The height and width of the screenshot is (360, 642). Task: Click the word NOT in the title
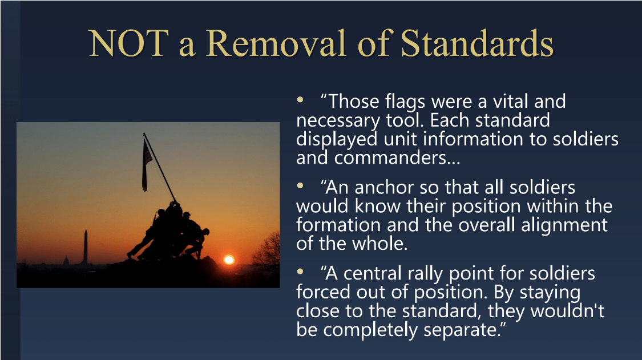click(128, 43)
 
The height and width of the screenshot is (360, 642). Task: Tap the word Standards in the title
click(477, 43)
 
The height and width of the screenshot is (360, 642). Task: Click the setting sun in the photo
click(229, 260)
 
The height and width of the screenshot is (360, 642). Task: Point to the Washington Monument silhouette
click(85, 248)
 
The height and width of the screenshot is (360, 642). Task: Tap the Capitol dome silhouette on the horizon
click(66, 261)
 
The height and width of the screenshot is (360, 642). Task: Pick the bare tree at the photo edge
click(267, 250)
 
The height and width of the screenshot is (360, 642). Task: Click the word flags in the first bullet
click(405, 102)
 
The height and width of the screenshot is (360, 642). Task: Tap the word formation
click(337, 225)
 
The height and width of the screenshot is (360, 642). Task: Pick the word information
click(473, 139)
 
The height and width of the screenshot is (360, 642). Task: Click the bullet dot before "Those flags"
click(300, 99)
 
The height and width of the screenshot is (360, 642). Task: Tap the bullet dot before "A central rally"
click(300, 271)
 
